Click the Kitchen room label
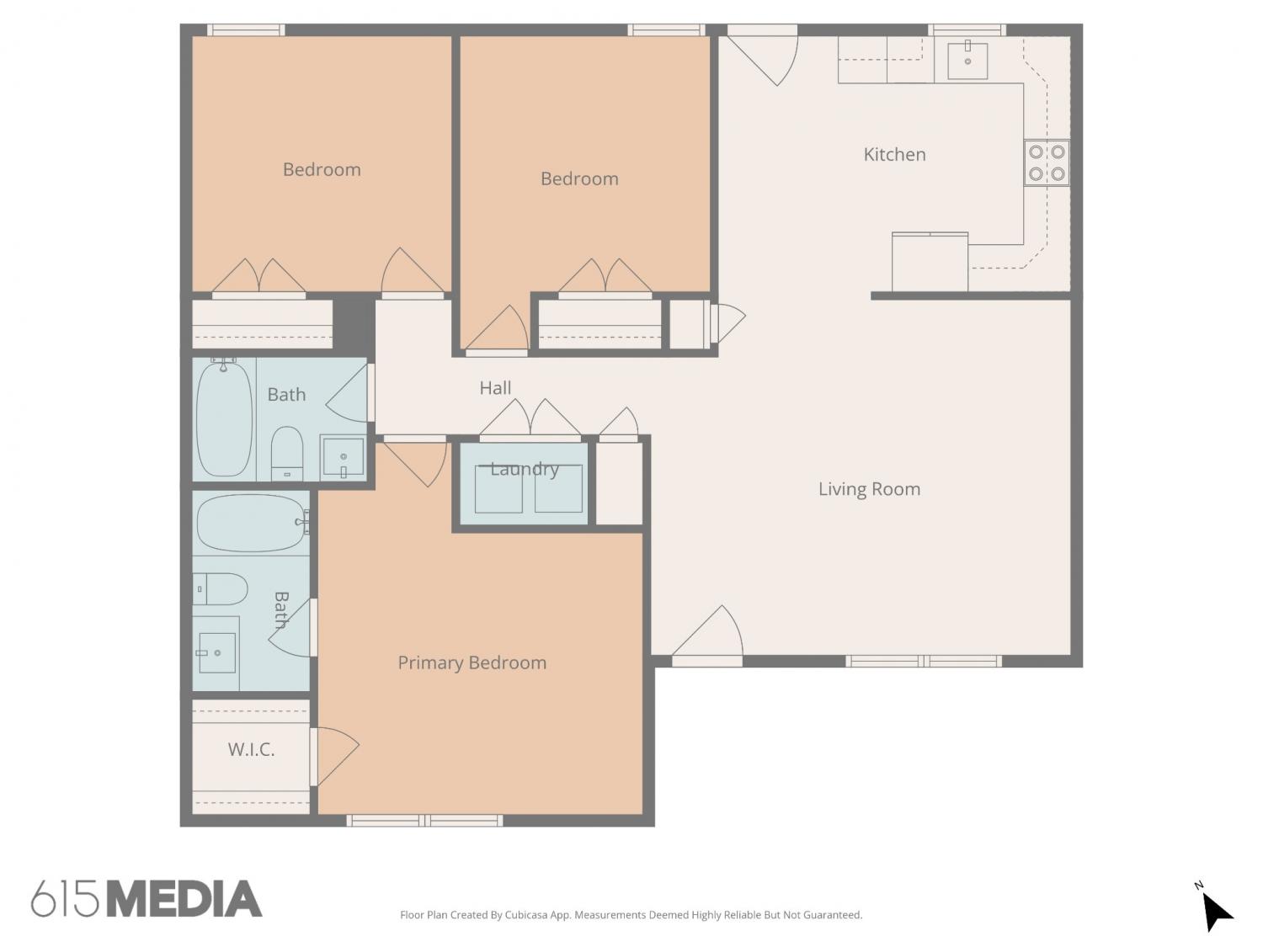(894, 154)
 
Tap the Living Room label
(869, 489)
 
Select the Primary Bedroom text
(472, 663)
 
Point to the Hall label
(495, 388)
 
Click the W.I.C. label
(251, 750)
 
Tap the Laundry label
(525, 469)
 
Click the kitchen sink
(967, 60)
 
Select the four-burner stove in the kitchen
(1047, 162)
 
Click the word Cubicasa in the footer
(526, 915)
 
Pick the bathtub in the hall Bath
(225, 418)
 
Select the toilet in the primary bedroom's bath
(221, 588)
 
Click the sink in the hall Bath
(343, 457)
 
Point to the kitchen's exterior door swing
(763, 56)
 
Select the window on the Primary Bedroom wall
(424, 821)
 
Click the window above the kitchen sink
(967, 30)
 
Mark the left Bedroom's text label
(322, 170)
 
